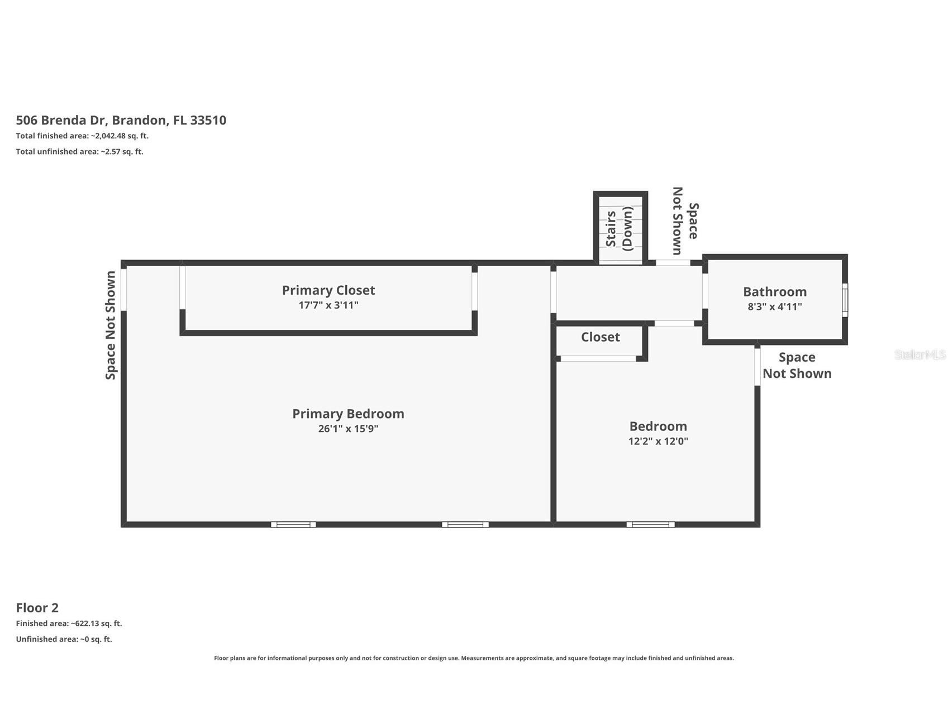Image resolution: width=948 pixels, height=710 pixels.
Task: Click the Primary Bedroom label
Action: (x=348, y=414)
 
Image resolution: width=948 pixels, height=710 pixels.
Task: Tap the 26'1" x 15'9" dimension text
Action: (x=348, y=429)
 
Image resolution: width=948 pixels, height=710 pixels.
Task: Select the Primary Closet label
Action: (x=328, y=290)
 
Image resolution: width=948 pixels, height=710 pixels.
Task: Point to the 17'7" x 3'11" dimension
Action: (x=328, y=305)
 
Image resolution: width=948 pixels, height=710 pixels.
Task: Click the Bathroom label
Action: (x=774, y=291)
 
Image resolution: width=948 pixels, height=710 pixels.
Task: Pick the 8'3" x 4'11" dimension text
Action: (x=774, y=306)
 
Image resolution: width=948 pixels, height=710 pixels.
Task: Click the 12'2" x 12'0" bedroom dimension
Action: (x=658, y=441)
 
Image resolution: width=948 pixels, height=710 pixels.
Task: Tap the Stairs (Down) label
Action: (x=620, y=228)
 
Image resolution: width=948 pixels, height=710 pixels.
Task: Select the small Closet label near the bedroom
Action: (x=600, y=337)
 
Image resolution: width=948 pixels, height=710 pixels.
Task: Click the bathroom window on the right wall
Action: (x=845, y=300)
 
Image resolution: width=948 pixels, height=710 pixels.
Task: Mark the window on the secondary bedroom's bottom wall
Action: (x=650, y=524)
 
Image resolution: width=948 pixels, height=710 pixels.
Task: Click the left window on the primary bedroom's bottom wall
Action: (x=293, y=524)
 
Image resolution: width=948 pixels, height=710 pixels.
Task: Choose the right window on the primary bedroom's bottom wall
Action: (x=465, y=524)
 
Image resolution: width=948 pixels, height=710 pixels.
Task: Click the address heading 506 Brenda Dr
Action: (x=121, y=120)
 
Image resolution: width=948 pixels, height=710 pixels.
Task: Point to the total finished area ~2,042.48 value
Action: (x=120, y=136)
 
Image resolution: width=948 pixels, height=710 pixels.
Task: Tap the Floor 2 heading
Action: (x=37, y=607)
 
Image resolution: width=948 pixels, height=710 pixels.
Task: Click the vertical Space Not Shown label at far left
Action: (x=111, y=325)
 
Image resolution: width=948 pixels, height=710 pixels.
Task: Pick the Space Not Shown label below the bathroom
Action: (x=797, y=365)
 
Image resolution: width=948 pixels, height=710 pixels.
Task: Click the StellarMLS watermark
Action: (x=920, y=354)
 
